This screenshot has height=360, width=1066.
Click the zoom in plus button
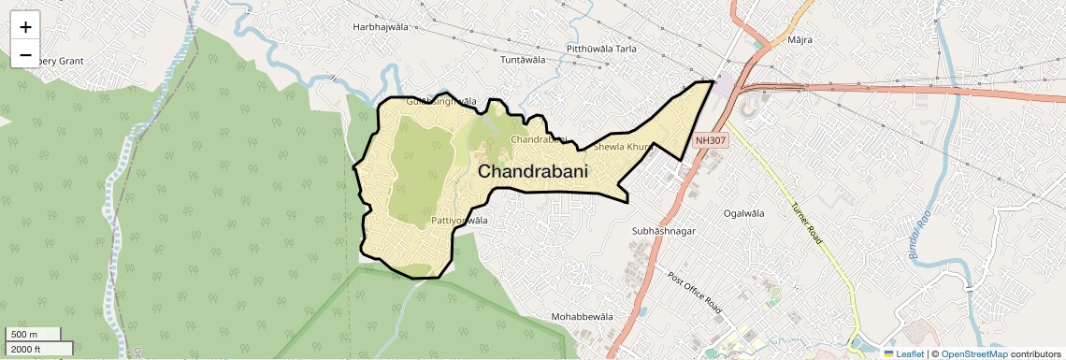point(25,27)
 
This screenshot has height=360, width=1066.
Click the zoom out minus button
point(25,55)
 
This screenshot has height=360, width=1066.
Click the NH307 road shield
point(711,141)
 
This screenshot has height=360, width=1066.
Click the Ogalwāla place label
point(744,213)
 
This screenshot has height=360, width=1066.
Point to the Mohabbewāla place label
point(582,317)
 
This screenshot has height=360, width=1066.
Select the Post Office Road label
point(695,293)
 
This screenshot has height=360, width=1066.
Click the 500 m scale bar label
point(24,334)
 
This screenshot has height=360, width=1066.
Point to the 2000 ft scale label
point(26,349)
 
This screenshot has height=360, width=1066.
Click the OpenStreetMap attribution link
point(973,353)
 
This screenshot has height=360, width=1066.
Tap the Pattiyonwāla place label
point(459,221)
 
